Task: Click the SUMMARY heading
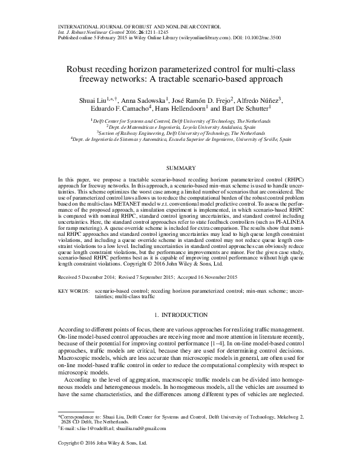[180, 168]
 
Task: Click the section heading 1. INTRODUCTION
[180, 315]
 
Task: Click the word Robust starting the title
[85, 69]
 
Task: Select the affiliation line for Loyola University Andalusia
[180, 128]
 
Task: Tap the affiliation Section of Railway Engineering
[180, 134]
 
